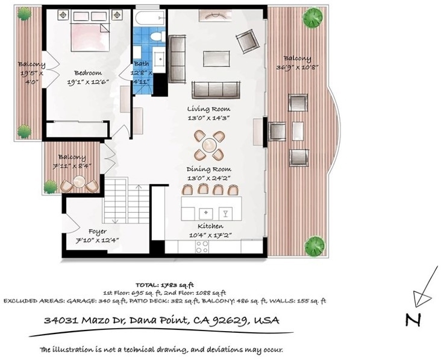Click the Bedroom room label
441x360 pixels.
pos(88,73)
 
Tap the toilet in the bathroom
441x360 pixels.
pos(157,36)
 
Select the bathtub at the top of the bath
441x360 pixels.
pos(149,17)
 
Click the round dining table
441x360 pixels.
pos(209,145)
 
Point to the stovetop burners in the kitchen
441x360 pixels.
pos(202,247)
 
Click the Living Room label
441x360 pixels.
pos(208,109)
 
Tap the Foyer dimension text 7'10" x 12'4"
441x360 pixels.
pos(98,241)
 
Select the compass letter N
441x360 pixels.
pos(413,320)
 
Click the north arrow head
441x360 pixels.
pos(421,298)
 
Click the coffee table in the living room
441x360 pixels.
pos(216,58)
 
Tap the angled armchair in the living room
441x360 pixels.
pos(248,41)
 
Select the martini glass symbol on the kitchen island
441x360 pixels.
pos(225,213)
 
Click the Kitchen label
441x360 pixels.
pos(210,226)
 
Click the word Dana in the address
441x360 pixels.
pos(143,320)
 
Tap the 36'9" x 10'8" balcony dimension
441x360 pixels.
pos(297,68)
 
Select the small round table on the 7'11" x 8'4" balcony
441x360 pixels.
pos(80,181)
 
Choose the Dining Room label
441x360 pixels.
pos(209,169)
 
